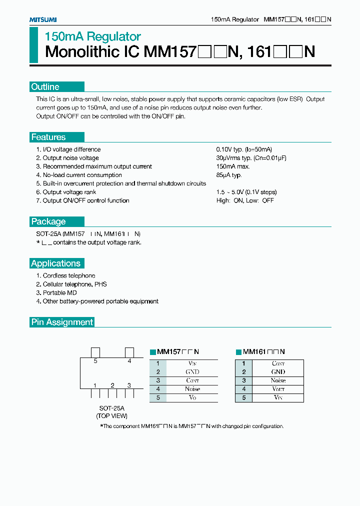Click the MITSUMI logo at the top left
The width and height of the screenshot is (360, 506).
point(42,19)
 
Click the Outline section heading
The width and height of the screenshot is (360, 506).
point(45,87)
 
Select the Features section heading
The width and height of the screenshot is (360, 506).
point(48,137)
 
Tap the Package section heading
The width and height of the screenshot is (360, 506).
point(48,221)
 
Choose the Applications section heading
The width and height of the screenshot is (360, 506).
point(55,263)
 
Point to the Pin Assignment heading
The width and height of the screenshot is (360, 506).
point(62,322)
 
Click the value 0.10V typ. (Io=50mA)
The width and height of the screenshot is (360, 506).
point(244,149)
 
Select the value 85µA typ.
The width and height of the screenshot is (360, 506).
point(229,175)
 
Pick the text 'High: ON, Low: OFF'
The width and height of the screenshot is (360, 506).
point(245,200)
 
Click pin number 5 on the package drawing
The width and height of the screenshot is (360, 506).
point(95,360)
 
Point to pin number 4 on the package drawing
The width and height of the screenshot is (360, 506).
point(129,360)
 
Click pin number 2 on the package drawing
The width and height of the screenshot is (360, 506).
point(112,385)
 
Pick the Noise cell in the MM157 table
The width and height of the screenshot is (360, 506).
point(192,389)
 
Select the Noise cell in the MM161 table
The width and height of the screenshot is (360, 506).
point(278,380)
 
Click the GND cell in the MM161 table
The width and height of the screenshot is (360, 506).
point(278,372)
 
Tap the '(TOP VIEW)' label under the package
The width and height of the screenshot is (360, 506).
point(111,416)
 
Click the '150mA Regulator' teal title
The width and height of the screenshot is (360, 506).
point(93,36)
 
